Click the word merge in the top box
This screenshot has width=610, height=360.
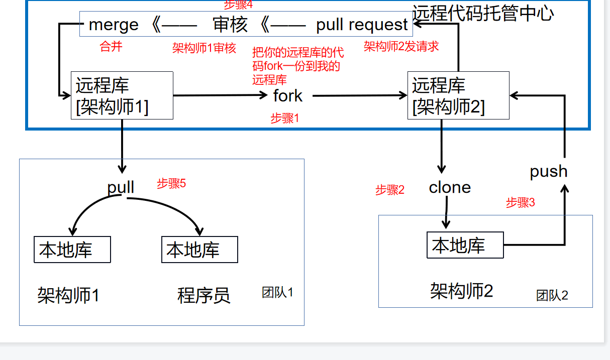coord(114,25)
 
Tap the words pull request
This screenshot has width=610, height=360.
coord(362,25)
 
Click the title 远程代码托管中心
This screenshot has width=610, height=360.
coord(483,13)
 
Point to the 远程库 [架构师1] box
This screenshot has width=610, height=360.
coord(122,95)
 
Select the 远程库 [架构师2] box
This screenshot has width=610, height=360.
coord(458,95)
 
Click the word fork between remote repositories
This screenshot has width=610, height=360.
coord(288,95)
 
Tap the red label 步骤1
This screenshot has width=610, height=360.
coord(285,118)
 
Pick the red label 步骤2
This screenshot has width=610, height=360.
coord(390,190)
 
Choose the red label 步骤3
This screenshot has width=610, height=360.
coord(520,203)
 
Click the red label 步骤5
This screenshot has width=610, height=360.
coord(171,183)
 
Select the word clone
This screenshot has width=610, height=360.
coord(450,188)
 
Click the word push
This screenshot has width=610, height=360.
coord(548,172)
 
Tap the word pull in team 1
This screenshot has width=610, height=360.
coord(121,187)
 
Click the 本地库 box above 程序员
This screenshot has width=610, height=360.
coord(199,250)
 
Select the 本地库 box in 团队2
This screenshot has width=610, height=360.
coord(465,245)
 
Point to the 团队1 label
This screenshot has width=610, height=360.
coord(277,292)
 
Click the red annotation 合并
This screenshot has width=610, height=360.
coord(111,47)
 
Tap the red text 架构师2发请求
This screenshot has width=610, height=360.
coord(401,46)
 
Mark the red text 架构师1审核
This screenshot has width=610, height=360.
coord(204,48)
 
